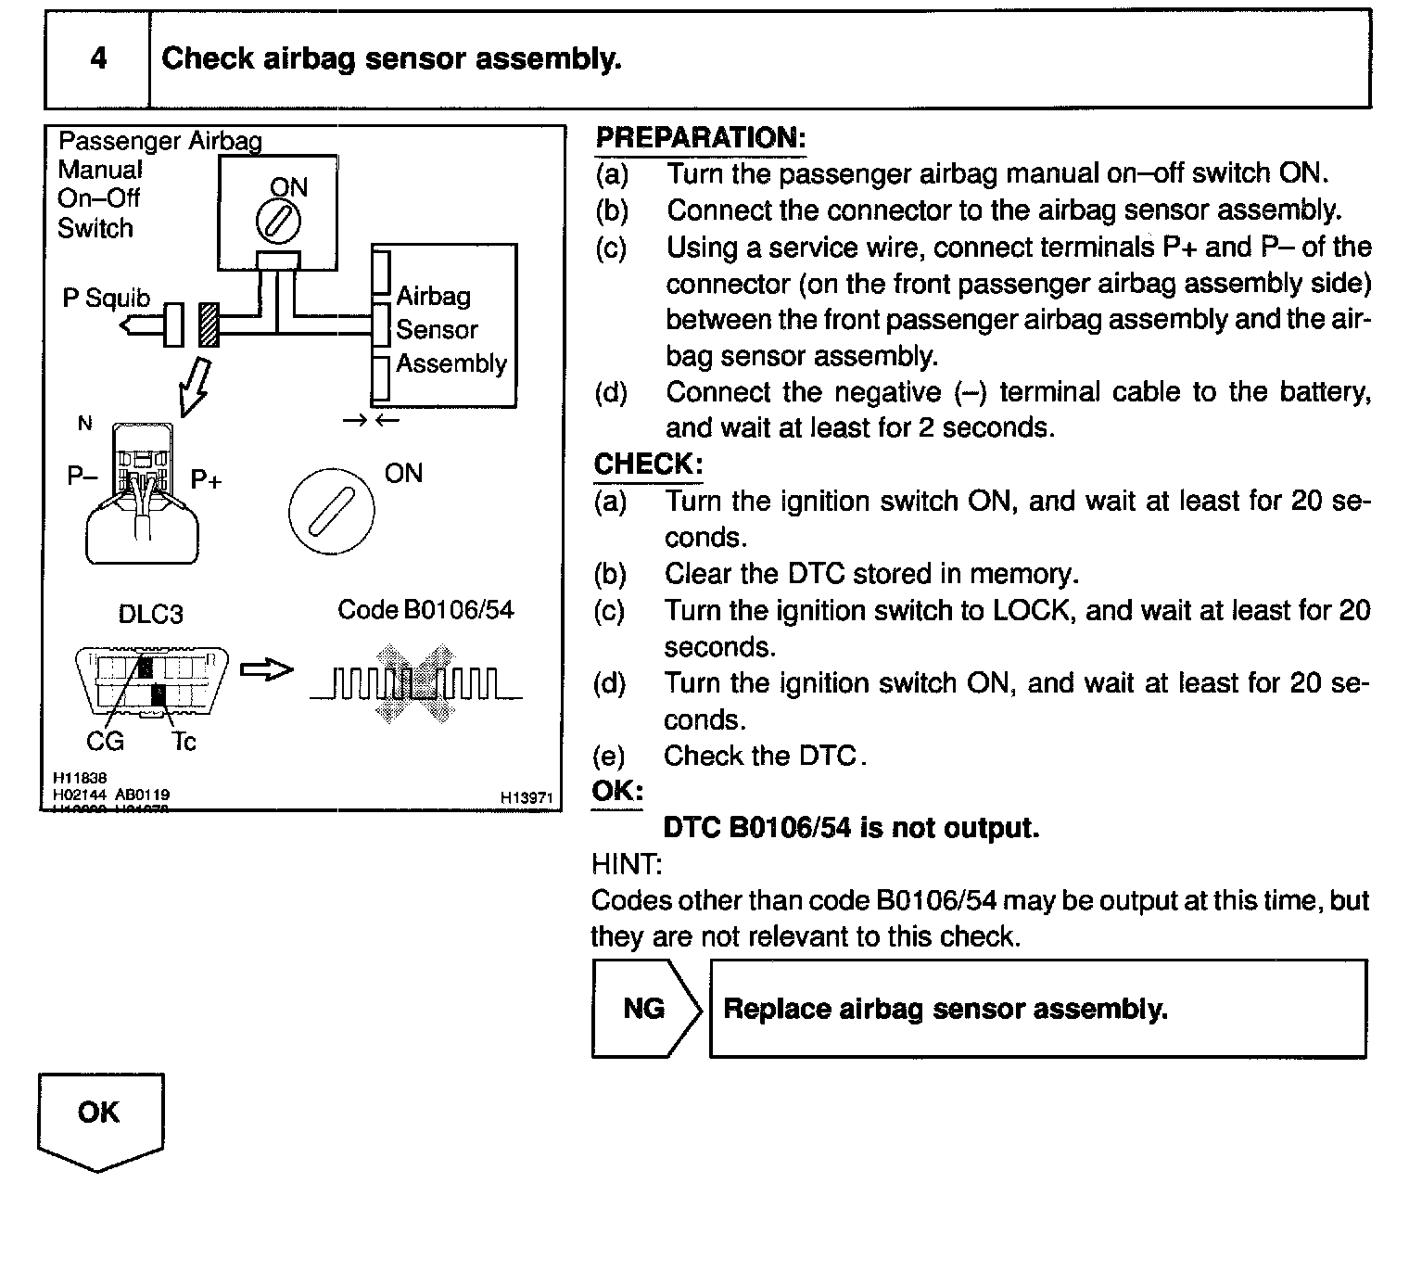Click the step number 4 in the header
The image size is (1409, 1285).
98,58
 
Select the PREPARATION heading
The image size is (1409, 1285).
700,138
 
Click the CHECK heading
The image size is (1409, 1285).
648,464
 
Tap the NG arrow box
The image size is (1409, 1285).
646,1009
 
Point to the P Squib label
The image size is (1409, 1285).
106,299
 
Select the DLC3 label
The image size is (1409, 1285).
151,615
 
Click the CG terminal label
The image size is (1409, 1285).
105,742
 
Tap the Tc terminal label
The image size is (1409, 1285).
184,742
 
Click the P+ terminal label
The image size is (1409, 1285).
207,479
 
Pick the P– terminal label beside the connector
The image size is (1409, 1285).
83,477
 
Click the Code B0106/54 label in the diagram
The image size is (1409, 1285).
425,610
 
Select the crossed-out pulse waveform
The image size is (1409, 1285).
416,685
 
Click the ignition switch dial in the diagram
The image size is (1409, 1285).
332,509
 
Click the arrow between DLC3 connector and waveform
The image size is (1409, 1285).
266,670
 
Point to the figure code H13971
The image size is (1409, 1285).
526,797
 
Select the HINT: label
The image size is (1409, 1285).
627,865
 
